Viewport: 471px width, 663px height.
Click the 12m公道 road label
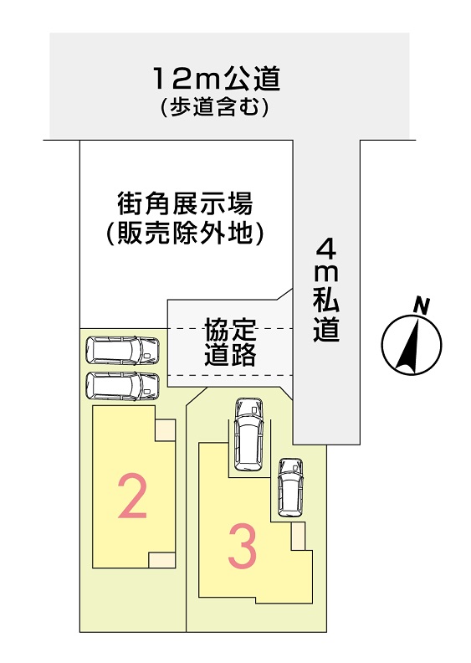(218, 79)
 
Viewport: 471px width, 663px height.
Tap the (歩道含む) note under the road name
(215, 108)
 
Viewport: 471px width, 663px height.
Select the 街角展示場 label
(185, 203)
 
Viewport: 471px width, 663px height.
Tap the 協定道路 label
(230, 342)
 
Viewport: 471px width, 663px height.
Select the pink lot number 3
(243, 548)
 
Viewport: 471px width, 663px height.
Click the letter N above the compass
(421, 306)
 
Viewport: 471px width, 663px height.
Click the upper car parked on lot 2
(122, 350)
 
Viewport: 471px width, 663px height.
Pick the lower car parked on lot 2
(122, 385)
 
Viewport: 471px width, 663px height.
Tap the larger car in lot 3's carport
(248, 434)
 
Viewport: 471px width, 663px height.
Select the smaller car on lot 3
(290, 487)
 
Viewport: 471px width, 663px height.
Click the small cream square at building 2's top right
(165, 430)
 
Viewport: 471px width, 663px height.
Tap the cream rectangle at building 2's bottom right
(161, 559)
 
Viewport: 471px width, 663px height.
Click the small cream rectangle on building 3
(298, 536)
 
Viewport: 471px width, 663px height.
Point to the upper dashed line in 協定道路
(230, 328)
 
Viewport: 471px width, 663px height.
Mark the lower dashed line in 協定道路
(230, 375)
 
